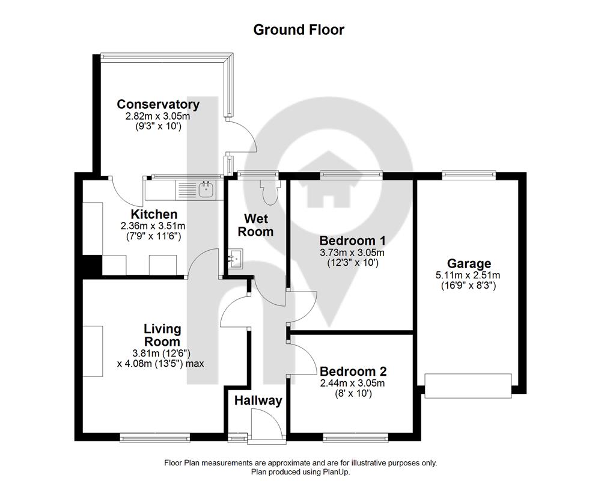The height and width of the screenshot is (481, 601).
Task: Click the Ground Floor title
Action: point(299,30)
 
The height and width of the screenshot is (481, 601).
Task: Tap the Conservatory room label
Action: point(158,105)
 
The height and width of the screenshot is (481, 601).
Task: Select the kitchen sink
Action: point(207,189)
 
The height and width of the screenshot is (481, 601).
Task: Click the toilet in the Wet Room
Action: point(270,191)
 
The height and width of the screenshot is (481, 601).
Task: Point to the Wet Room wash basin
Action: point(235,259)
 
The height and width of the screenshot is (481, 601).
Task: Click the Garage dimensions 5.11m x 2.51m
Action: point(468,275)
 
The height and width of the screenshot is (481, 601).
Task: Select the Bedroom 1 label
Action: point(352,241)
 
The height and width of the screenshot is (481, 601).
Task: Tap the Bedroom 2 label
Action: point(353,372)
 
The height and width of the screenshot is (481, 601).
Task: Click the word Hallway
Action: point(258,401)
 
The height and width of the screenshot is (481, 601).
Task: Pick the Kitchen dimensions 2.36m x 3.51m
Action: point(153,226)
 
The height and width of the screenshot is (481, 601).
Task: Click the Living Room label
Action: point(162,335)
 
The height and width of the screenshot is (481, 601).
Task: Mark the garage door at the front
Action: point(468,386)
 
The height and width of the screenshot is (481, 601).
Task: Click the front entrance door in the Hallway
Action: point(266,426)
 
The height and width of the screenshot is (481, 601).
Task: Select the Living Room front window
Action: point(155,437)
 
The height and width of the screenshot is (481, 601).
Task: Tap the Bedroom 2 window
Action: point(356,437)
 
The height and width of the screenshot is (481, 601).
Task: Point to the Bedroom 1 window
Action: point(352,175)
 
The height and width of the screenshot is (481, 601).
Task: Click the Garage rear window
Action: point(469,175)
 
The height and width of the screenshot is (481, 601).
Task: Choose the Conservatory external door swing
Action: point(242,135)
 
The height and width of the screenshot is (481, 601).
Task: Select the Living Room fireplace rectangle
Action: point(93,351)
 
